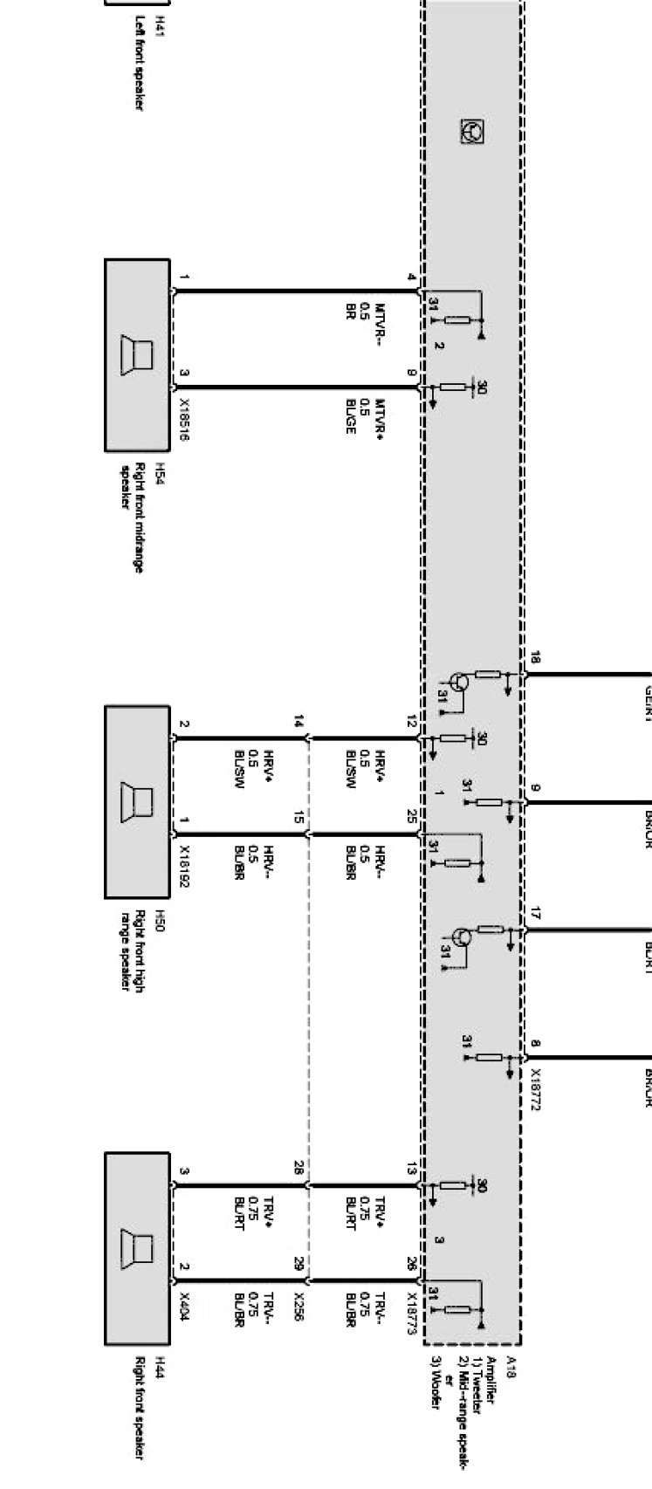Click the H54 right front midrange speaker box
point(137,354)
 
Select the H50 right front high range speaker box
point(137,801)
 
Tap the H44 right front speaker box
point(137,1249)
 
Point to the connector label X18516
point(184,421)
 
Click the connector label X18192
point(184,868)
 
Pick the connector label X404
point(184,1306)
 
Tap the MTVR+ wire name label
point(381,417)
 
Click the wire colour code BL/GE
point(351,416)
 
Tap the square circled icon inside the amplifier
point(472,132)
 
